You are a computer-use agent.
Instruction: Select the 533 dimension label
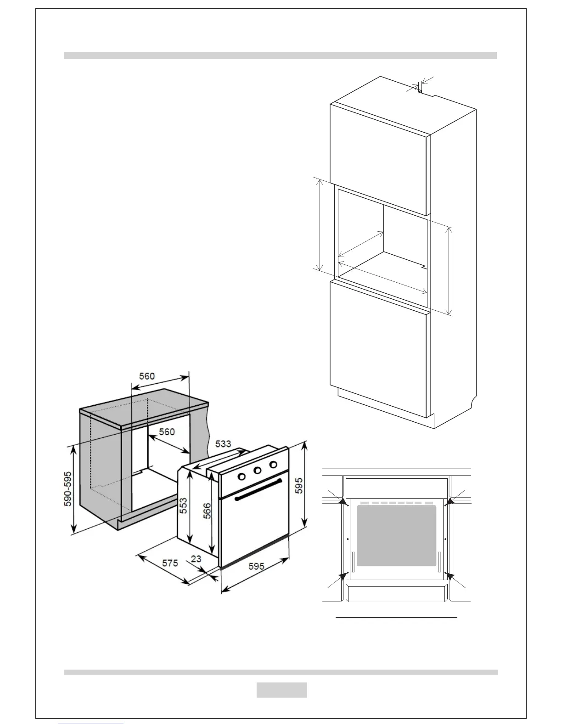(x=223, y=444)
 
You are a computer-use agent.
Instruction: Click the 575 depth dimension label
(x=169, y=563)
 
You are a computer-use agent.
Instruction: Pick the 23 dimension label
(x=196, y=559)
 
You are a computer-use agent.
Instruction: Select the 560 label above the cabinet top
(x=147, y=376)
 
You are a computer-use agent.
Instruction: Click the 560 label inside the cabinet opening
(x=167, y=432)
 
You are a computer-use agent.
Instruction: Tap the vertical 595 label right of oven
(x=299, y=486)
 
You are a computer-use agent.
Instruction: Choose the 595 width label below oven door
(x=256, y=566)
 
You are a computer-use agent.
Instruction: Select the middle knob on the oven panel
(x=258, y=470)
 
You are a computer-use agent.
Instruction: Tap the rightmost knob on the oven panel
(x=274, y=464)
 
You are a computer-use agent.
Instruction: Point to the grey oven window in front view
(x=396, y=536)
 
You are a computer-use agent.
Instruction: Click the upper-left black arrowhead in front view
(x=343, y=501)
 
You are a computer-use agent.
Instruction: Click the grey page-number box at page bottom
(x=281, y=690)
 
